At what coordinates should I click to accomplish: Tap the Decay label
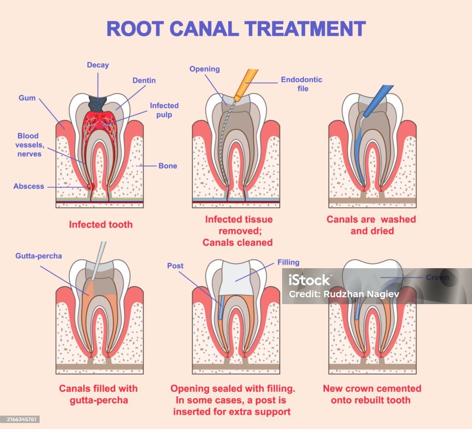tap(98, 65)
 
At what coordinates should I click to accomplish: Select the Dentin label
tap(144, 80)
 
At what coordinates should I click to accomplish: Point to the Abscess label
tap(29, 186)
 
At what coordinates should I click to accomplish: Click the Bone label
tap(167, 165)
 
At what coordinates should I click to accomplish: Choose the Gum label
tap(27, 98)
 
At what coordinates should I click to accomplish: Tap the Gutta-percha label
tap(38, 256)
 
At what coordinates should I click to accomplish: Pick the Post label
tap(175, 265)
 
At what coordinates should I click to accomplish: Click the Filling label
tap(288, 262)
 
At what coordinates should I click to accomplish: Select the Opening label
tap(204, 69)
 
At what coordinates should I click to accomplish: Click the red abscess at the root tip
tap(91, 186)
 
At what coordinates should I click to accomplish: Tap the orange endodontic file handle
tap(246, 83)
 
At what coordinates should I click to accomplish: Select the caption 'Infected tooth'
tap(100, 224)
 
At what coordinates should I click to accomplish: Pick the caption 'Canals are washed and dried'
tap(371, 224)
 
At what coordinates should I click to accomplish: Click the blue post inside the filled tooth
tap(220, 308)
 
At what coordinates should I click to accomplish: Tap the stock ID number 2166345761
tap(20, 419)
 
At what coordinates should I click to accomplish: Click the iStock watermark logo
tap(309, 280)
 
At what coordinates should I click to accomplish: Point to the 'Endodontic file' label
tap(301, 83)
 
